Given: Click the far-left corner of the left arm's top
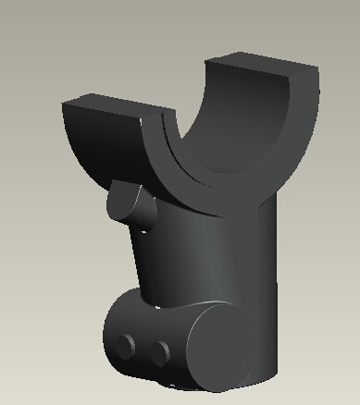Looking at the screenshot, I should [62, 102].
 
